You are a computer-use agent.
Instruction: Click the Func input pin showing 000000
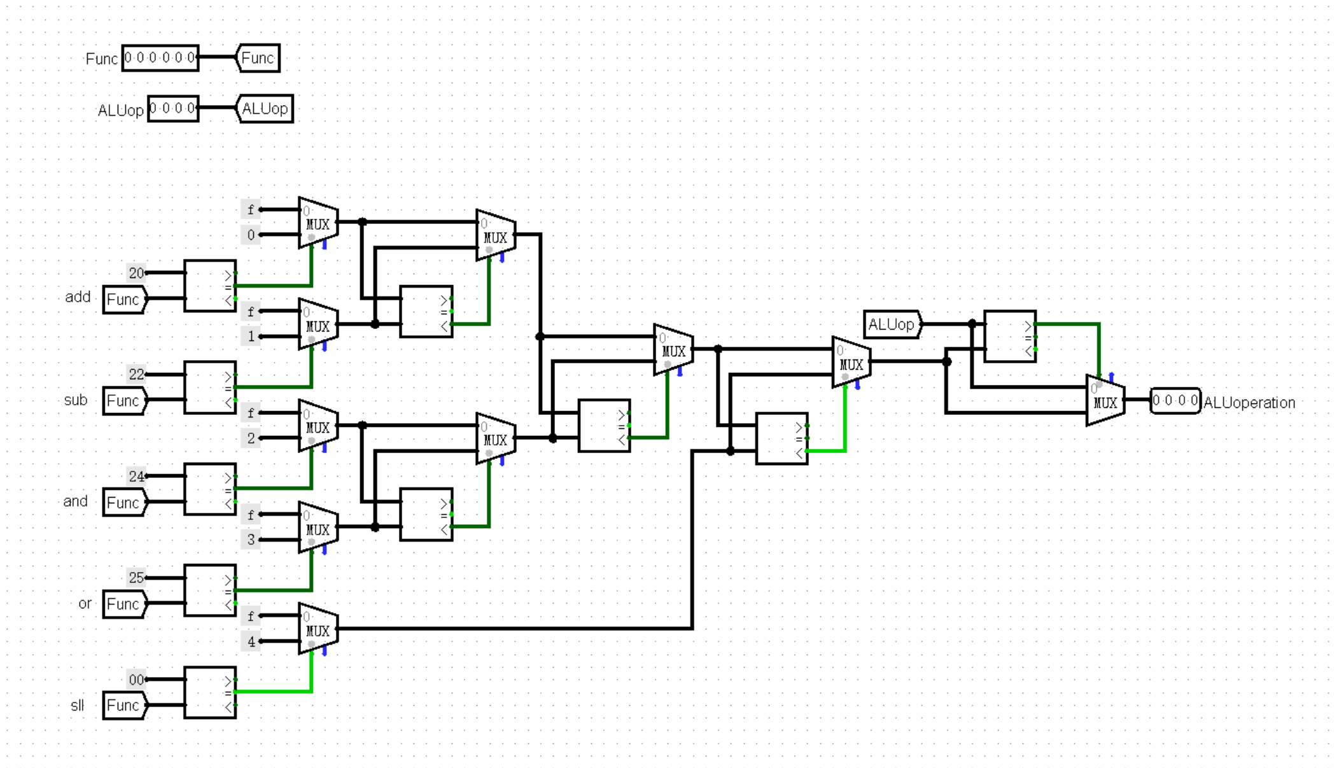[x=160, y=58]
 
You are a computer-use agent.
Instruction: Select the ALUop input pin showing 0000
[x=172, y=108]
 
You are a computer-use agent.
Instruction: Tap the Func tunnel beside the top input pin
[x=258, y=58]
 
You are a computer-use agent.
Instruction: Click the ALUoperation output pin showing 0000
[x=1175, y=400]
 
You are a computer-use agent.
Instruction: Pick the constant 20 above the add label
[x=136, y=273]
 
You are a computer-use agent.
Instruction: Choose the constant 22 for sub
[x=136, y=374]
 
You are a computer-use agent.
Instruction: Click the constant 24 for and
[x=136, y=476]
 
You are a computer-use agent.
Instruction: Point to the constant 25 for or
[x=136, y=578]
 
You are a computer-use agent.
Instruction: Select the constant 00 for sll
[x=136, y=680]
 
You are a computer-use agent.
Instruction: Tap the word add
[x=78, y=297]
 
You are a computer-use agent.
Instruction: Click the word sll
[x=77, y=705]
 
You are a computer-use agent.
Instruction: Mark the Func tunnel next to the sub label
[x=124, y=401]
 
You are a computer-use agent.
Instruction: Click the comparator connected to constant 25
[x=210, y=590]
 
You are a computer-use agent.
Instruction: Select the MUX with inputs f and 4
[x=318, y=629]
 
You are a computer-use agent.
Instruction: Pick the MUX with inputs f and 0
[x=318, y=223]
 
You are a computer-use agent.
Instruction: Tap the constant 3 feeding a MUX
[x=251, y=540]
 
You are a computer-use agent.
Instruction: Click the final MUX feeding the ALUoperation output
[x=1105, y=401]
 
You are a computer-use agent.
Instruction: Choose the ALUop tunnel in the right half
[x=892, y=325]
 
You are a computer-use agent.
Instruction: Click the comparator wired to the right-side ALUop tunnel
[x=1010, y=337]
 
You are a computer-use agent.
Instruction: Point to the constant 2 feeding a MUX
[x=251, y=438]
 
